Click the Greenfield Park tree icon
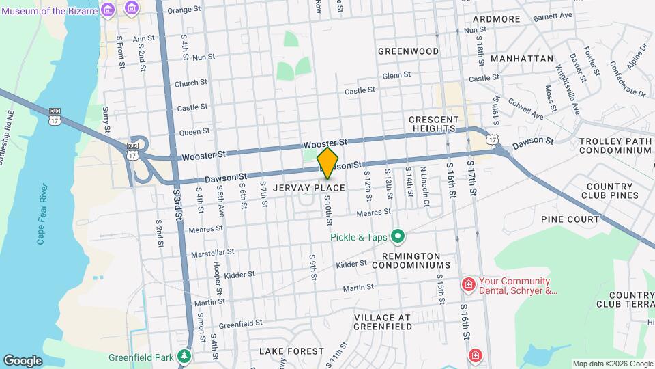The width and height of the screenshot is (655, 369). [184, 357]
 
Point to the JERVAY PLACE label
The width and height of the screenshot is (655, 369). [308, 187]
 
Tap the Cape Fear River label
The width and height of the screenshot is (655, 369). [42, 213]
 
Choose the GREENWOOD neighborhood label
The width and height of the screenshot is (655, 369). [408, 51]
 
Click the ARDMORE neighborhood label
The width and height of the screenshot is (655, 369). [496, 18]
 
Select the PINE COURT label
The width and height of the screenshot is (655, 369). [570, 219]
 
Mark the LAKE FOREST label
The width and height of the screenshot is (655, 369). [291, 351]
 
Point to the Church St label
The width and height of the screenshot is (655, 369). [190, 83]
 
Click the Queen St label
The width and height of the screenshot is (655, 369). [194, 131]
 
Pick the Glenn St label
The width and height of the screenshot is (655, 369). [396, 75]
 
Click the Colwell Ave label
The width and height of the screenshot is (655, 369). [527, 109]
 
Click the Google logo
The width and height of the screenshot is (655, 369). [23, 361]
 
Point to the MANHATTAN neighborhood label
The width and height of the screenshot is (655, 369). [521, 59]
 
